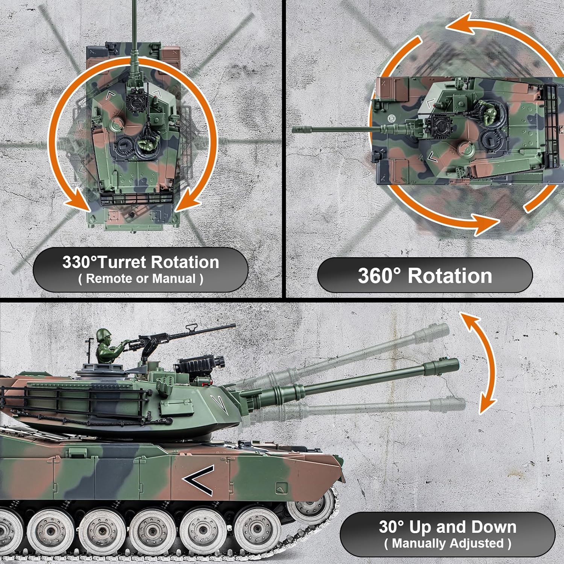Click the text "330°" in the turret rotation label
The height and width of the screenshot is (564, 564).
coord(79,262)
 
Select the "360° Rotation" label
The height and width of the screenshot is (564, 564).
coord(425,276)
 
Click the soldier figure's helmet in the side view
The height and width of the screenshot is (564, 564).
coord(103,334)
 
